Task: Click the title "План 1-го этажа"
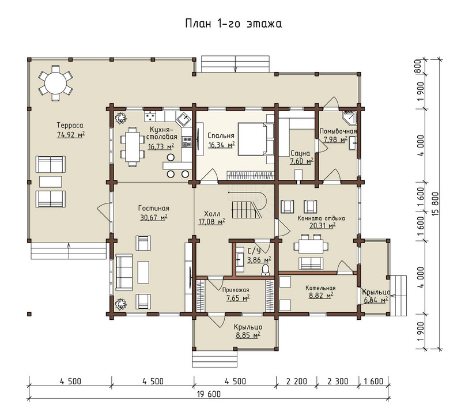(x=233, y=24)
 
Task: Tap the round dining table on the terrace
(x=55, y=83)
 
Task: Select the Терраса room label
(x=70, y=126)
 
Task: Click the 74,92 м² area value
(x=71, y=135)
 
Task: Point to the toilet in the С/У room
(x=265, y=270)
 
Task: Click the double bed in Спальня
(x=252, y=139)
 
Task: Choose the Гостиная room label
(x=154, y=208)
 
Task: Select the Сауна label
(x=300, y=153)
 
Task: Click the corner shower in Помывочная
(x=350, y=118)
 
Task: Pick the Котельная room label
(x=320, y=288)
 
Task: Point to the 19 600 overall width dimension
(x=209, y=394)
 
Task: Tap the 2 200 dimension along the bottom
(x=296, y=381)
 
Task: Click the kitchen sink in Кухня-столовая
(x=184, y=119)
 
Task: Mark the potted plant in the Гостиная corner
(x=120, y=304)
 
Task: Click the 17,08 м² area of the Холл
(x=211, y=222)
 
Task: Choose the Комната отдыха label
(x=322, y=218)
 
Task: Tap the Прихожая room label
(x=236, y=290)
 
